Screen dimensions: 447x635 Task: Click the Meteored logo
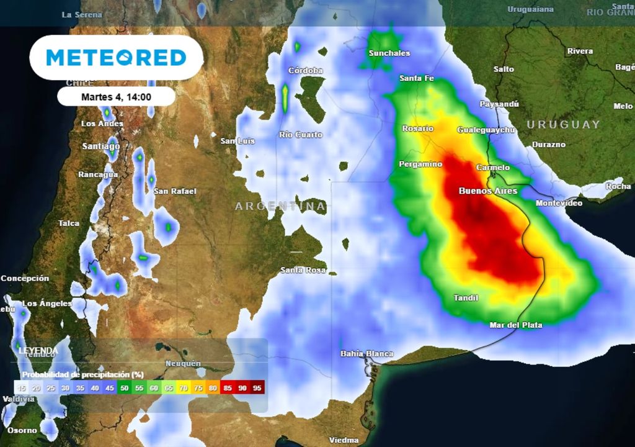point(116,58)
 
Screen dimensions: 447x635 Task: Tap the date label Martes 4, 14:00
point(116,97)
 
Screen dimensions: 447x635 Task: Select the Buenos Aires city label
point(487,191)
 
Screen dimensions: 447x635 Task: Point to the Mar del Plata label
point(515,325)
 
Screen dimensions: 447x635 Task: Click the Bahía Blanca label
point(366,353)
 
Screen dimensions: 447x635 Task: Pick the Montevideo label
point(559,203)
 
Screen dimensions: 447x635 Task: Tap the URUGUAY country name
point(563,124)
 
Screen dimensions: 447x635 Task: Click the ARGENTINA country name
point(280,205)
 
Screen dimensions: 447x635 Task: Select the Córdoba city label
point(305,71)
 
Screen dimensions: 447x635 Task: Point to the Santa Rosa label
point(303,270)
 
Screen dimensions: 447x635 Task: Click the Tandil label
point(466,298)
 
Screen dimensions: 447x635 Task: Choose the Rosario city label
point(417,129)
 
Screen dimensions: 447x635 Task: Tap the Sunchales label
point(389,53)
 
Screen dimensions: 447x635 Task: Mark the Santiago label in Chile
point(101,147)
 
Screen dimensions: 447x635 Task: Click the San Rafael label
point(175,191)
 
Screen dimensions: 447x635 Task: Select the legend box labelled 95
point(257,388)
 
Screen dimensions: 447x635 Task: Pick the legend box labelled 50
point(125,388)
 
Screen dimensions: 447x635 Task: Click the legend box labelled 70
point(184,388)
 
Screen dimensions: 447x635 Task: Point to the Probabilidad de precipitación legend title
point(83,374)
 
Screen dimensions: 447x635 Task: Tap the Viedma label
point(344,440)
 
